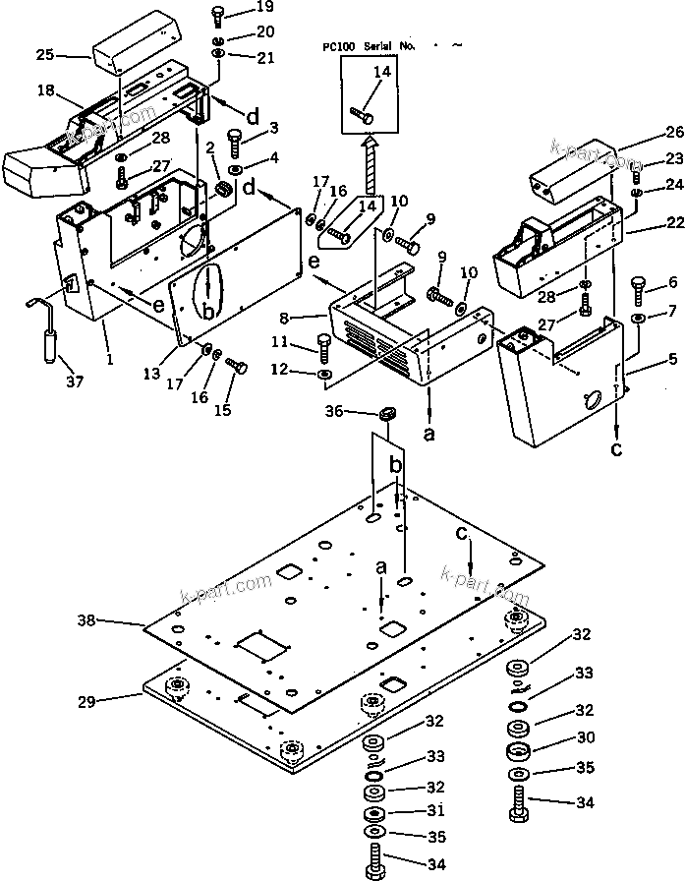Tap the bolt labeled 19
click(x=217, y=16)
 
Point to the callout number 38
click(x=87, y=620)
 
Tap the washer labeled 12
click(x=326, y=375)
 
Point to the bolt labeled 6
click(x=636, y=288)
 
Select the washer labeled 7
click(x=639, y=320)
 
